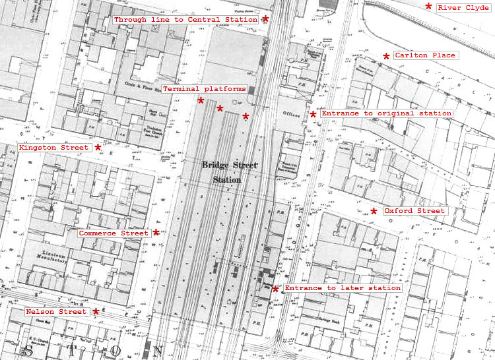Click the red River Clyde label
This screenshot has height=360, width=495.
click(463, 8)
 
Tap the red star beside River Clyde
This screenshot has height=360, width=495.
click(428, 7)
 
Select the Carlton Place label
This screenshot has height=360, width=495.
click(425, 55)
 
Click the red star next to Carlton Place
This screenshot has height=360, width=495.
click(386, 57)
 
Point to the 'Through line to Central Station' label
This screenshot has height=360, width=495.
click(185, 20)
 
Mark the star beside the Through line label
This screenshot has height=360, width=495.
click(265, 19)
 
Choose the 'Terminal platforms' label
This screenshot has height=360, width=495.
click(204, 88)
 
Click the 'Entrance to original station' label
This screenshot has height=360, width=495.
click(386, 113)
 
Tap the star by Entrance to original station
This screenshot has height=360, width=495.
click(313, 114)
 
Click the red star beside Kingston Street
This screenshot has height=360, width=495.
click(98, 147)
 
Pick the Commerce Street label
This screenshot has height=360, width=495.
click(114, 233)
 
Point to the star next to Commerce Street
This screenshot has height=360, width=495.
click(156, 232)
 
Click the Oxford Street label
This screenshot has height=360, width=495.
click(414, 211)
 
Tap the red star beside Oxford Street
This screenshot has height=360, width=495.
click(374, 212)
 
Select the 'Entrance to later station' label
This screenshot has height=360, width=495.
click(342, 288)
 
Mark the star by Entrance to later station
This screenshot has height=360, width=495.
click(275, 289)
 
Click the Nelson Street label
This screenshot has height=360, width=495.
click(56, 311)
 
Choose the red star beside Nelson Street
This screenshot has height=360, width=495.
click(96, 311)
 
